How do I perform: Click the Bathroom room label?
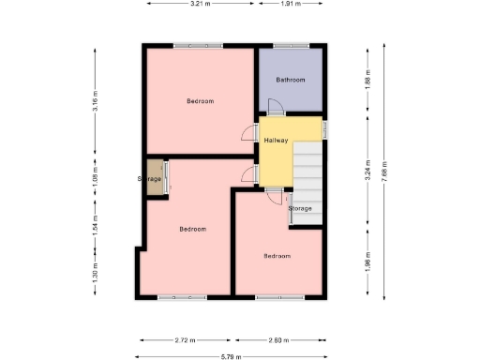290,80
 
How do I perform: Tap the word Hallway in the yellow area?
276,141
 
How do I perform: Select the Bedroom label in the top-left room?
200,101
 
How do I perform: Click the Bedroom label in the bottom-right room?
277,256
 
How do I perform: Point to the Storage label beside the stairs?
300,208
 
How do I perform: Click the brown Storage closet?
153,178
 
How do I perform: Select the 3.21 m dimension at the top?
200,5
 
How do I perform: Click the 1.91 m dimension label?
292,5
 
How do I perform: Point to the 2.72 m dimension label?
187,339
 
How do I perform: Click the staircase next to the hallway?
308,178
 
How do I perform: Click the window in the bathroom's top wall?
292,45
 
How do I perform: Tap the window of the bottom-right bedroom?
278,297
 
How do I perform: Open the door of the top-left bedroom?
249,133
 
